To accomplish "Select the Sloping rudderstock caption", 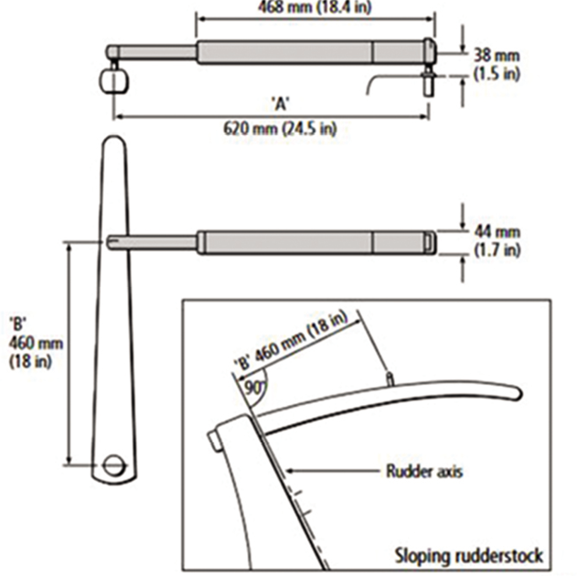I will [468, 554].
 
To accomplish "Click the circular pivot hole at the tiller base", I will [114, 464].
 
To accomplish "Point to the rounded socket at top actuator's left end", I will [113, 80].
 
